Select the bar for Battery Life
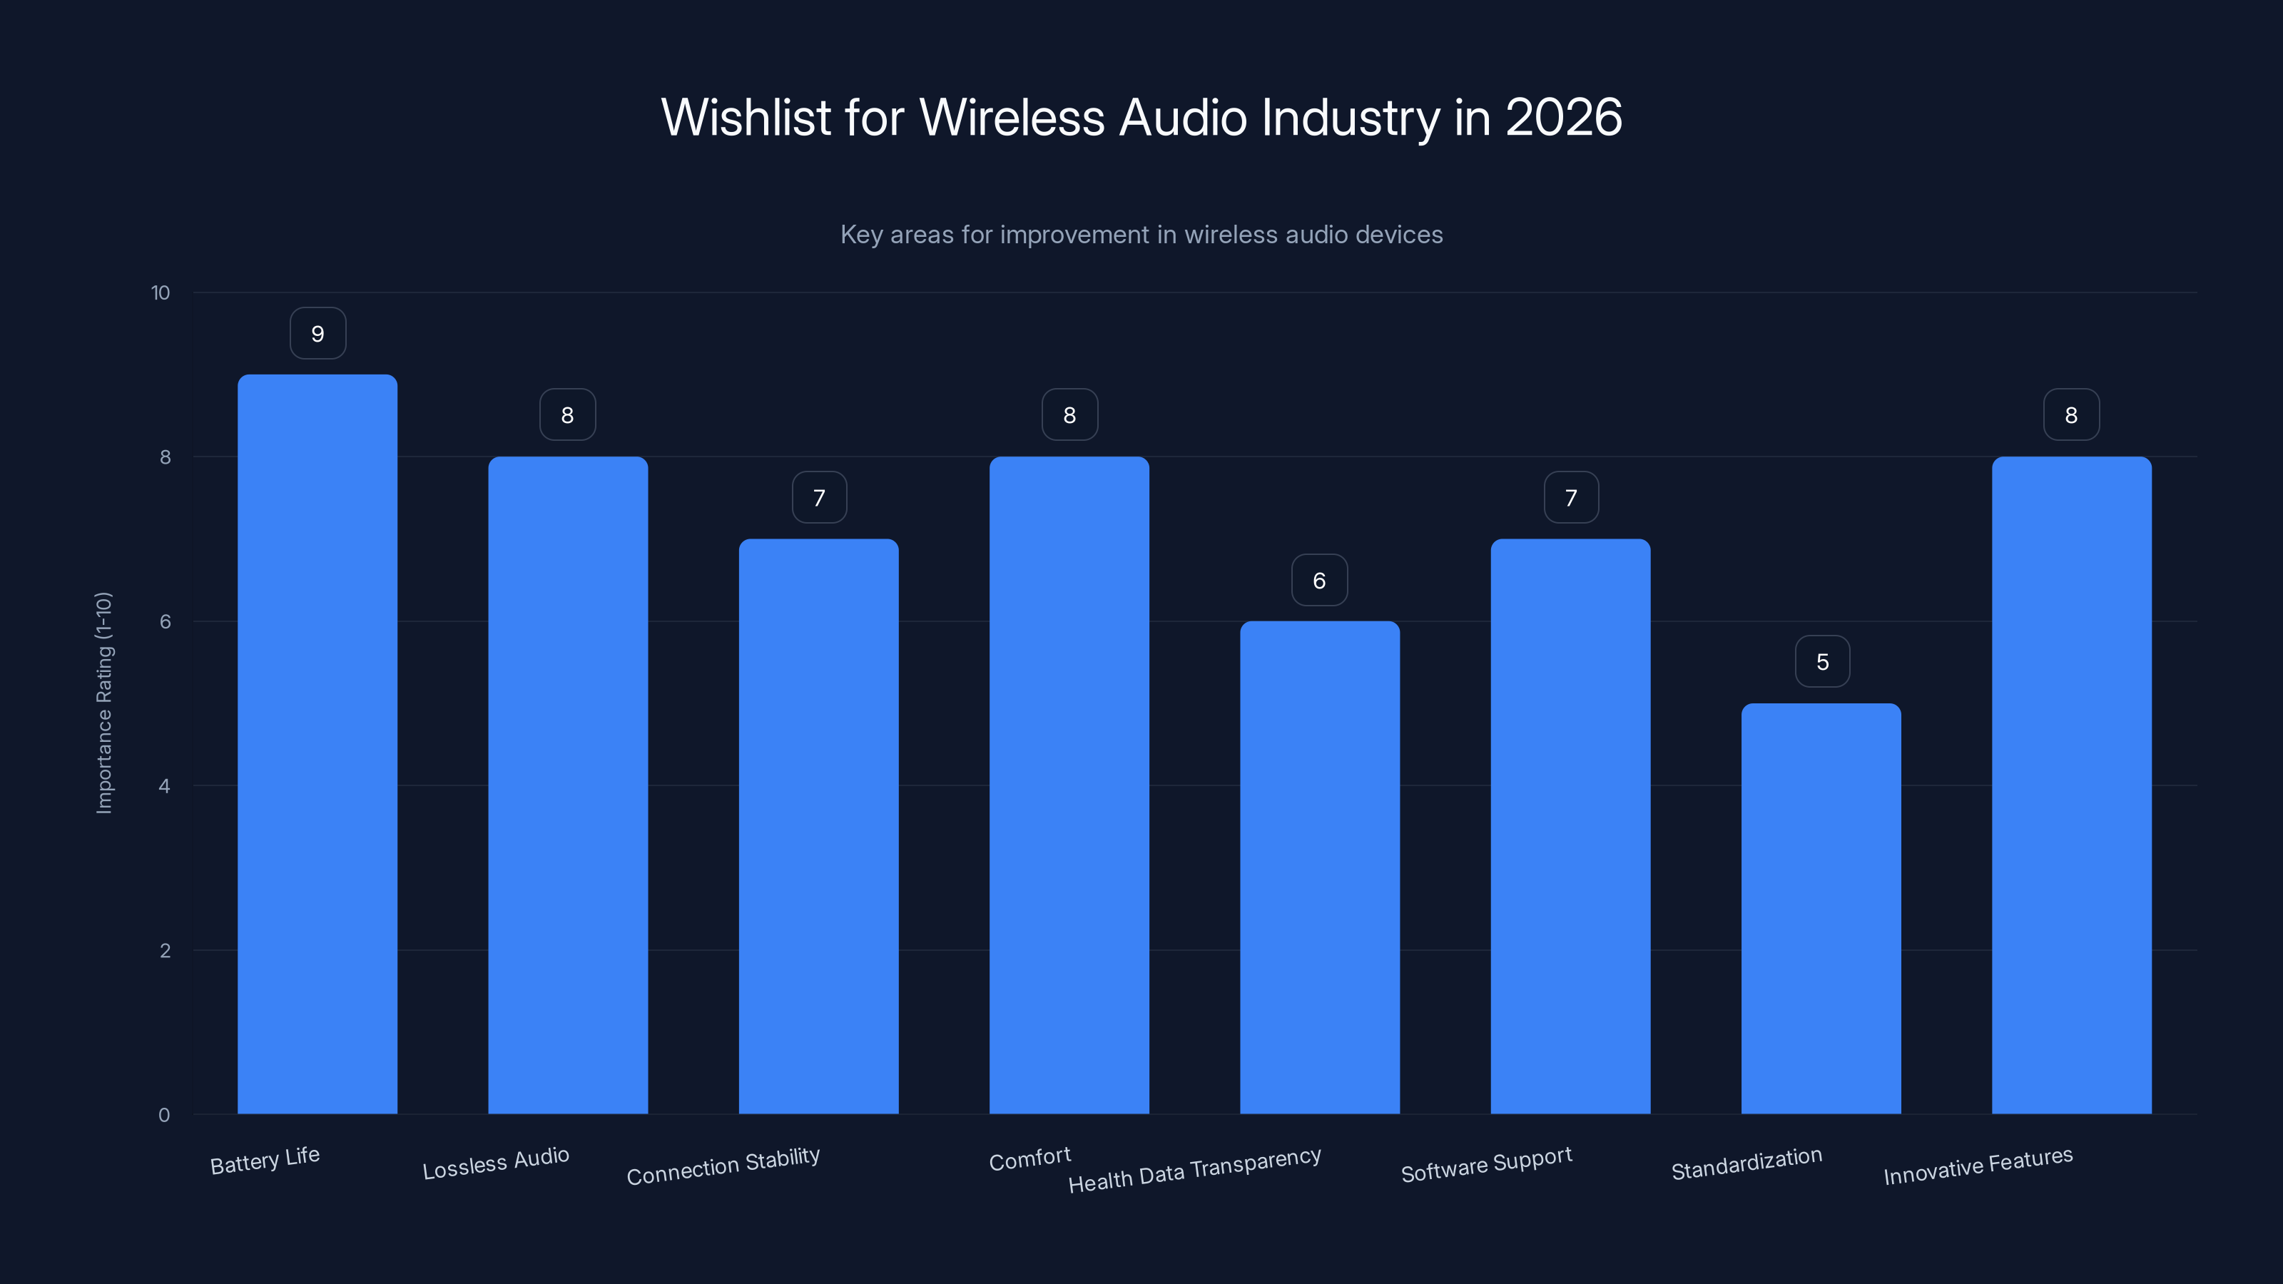317,744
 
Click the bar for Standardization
1821,908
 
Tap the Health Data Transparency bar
1320,867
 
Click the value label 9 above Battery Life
317,333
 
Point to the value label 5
1822,661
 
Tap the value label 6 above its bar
1318,581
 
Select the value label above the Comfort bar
1069,414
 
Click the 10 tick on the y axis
161,292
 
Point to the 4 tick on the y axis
164,786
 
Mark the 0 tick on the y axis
164,1115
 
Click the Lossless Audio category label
495,1163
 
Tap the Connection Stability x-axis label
723,1166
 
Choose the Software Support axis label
1486,1164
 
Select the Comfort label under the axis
1029,1158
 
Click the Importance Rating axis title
103,703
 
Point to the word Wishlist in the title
746,117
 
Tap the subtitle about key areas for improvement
1141,235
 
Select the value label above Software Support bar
1570,497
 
